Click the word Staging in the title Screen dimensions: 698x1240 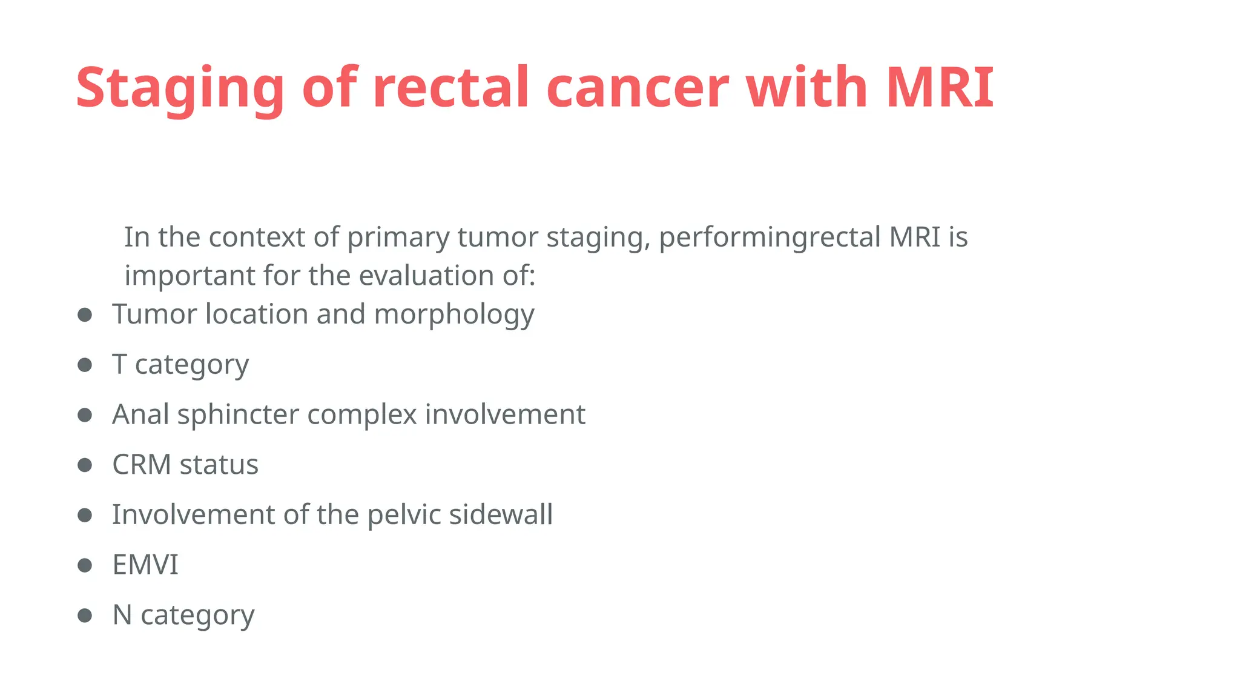[180, 88]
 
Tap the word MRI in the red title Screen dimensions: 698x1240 [939, 88]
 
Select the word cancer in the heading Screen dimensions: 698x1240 [637, 88]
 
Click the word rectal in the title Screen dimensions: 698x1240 [450, 88]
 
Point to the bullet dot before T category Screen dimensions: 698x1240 [85, 365]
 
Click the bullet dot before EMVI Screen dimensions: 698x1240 [85, 565]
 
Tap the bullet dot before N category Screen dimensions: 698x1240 [85, 616]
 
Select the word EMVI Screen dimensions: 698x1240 [145, 565]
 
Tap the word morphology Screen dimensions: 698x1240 [454, 314]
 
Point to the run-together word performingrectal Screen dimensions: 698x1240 [769, 237]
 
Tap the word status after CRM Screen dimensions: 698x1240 [219, 465]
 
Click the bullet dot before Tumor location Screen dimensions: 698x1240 [85, 314]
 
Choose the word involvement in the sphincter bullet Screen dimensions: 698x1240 [505, 415]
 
